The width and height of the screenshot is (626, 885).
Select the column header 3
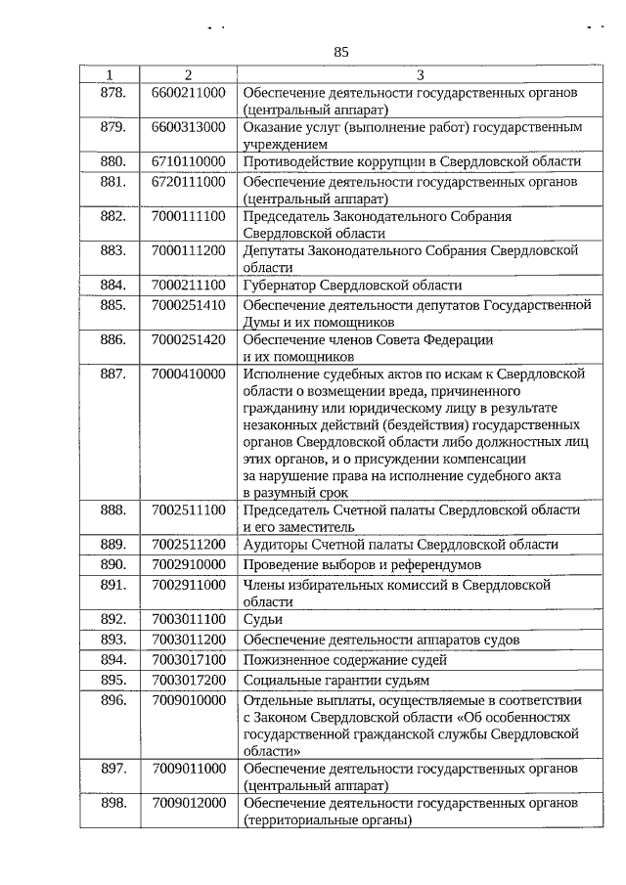tap(420, 75)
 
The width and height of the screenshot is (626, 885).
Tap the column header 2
tap(188, 75)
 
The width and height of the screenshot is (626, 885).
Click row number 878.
tap(113, 92)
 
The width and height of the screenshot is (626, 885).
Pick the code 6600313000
tap(189, 127)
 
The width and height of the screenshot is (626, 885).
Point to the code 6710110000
tap(189, 161)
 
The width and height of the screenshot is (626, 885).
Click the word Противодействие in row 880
tap(297, 161)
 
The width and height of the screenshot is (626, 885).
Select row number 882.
tap(113, 216)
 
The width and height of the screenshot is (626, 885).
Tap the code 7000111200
tap(189, 250)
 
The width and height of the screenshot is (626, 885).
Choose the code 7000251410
tap(189, 305)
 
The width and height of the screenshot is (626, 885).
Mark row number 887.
tap(113, 374)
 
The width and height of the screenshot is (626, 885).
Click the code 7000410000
tap(189, 374)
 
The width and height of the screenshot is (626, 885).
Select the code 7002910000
tap(189, 564)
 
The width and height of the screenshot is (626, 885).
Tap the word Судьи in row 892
tap(263, 619)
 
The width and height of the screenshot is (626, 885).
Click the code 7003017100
tap(189, 659)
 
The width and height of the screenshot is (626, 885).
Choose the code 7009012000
tap(189, 803)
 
